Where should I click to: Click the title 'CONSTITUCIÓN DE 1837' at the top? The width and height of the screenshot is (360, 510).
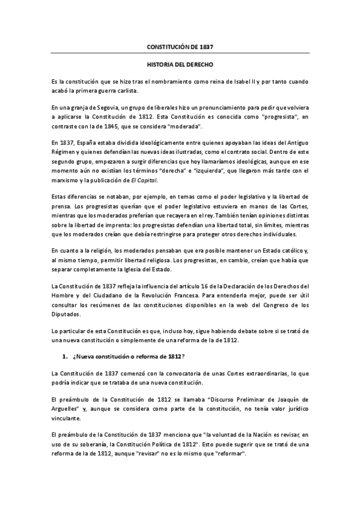click(x=180, y=46)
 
